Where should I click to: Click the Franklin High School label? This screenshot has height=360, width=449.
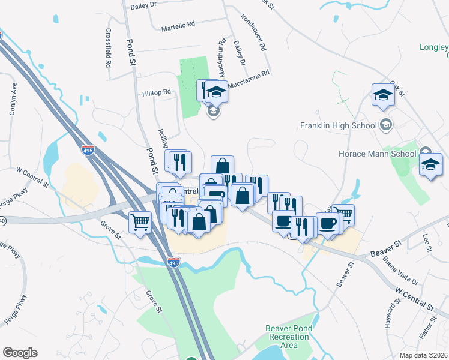coord(339,126)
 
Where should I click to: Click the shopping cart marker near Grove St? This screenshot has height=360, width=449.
coord(140,223)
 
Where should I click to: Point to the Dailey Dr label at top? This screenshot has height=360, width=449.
coord(144,4)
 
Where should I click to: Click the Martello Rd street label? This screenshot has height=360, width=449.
coord(179,26)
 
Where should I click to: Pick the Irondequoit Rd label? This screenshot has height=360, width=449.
coord(252,32)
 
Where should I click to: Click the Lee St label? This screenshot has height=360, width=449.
coord(427,242)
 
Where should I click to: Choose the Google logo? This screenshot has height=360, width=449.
coord(20,352)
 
